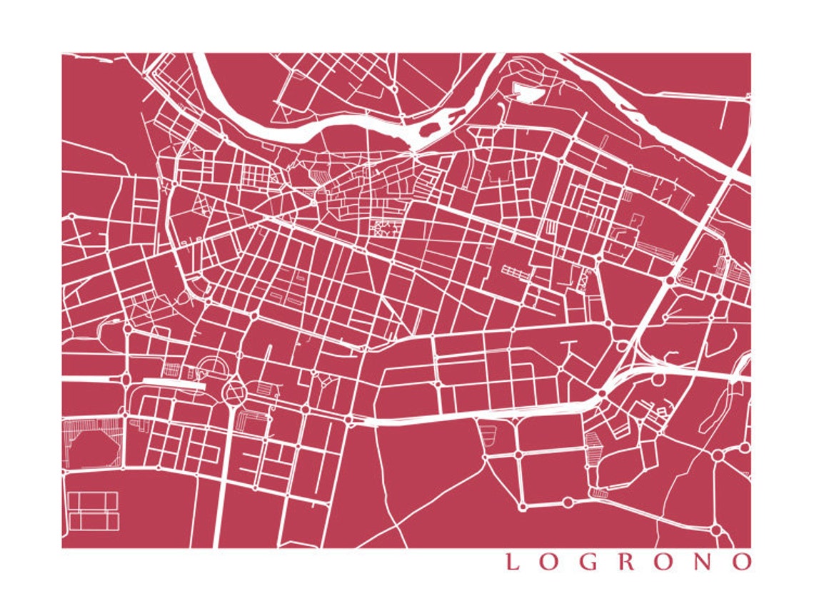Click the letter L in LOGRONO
(512, 562)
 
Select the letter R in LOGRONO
(626, 562)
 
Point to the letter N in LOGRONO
(703, 562)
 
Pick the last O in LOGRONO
(742, 562)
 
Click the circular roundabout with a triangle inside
(234, 391)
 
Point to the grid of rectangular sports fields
(94, 511)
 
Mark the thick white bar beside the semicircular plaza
(174, 382)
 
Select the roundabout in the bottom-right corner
(716, 530)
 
